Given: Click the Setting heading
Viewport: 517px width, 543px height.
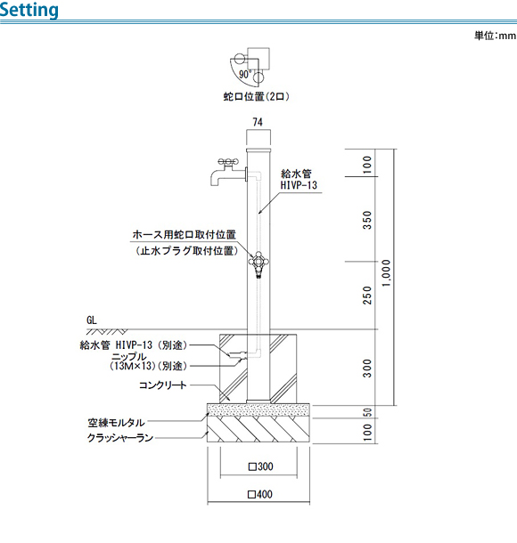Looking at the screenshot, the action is [29, 10].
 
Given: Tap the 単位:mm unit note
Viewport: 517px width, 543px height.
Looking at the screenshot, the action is [495, 36].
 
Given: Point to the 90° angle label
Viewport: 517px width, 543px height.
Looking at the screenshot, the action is [245, 74].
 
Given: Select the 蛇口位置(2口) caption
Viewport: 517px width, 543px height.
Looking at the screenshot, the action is [256, 96].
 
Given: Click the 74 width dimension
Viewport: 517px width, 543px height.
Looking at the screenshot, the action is [258, 122].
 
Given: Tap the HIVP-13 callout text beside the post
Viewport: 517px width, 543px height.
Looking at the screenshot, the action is [299, 185].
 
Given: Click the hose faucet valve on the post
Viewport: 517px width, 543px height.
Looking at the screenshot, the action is [258, 263].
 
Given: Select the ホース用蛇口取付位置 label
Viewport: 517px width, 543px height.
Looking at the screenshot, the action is [185, 234].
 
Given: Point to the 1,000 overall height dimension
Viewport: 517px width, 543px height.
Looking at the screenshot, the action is [386, 273].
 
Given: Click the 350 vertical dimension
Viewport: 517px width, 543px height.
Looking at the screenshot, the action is [367, 220].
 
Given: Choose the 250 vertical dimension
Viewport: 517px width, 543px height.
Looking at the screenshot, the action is [367, 295].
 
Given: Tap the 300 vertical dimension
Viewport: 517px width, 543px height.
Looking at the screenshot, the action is [367, 369].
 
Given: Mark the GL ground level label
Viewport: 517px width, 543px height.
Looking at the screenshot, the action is [92, 320].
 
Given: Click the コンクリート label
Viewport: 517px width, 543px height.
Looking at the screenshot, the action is [162, 385].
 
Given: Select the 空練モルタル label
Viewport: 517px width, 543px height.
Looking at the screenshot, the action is [116, 423].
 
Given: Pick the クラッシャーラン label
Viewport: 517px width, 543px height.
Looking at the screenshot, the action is [120, 438].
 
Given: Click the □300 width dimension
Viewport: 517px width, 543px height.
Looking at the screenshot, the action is [261, 466].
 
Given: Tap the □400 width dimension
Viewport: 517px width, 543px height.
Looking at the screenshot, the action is [260, 494].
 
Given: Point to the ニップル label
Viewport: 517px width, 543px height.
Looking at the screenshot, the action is [129, 356].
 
